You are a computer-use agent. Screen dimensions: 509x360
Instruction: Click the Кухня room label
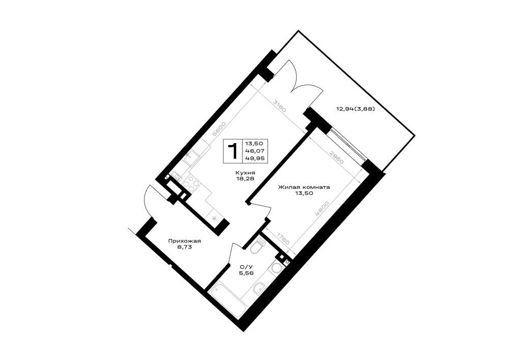(246, 173)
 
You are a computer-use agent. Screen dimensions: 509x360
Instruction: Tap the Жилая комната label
(304, 187)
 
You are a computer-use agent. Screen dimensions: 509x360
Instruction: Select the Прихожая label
(184, 241)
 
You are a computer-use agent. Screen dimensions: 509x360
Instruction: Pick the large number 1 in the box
(233, 151)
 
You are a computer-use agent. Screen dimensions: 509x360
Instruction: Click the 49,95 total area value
(255, 158)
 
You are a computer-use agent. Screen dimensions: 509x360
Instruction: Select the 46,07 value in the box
(255, 151)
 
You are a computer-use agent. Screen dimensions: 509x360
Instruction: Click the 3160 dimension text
(279, 106)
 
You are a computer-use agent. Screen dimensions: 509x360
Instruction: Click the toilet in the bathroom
(258, 245)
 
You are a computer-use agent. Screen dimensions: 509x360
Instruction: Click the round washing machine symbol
(276, 268)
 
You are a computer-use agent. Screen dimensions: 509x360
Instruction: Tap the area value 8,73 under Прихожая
(184, 247)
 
